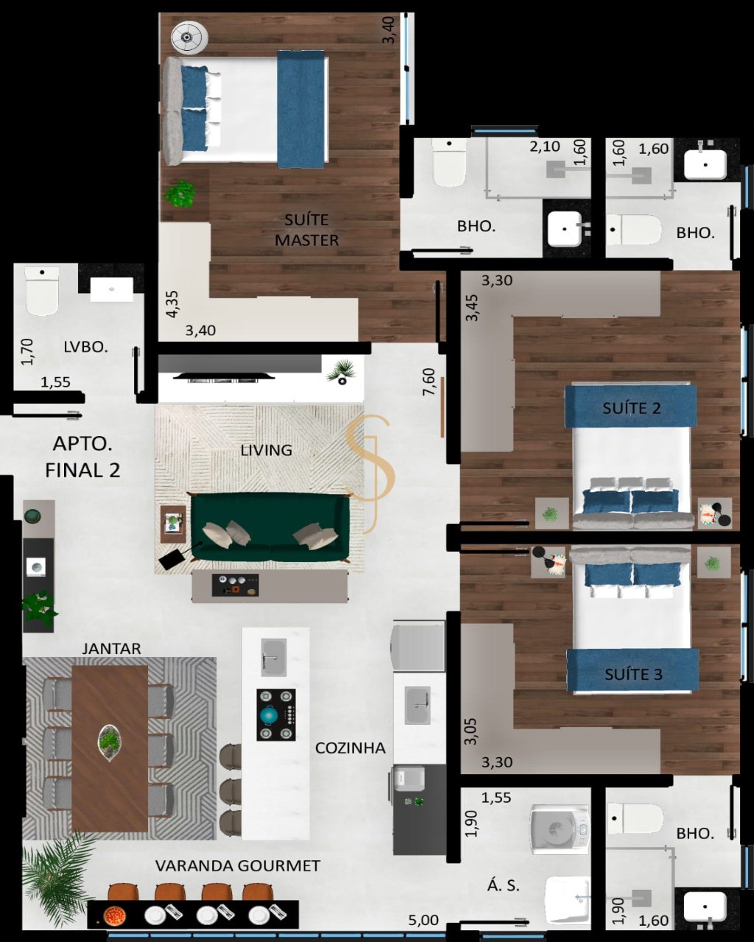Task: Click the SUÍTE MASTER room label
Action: [x=306, y=230]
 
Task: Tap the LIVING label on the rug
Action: [x=266, y=450]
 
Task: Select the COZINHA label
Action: [x=350, y=748]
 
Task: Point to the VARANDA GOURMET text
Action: [x=238, y=865]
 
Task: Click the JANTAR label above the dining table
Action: [x=112, y=648]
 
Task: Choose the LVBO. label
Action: [x=85, y=347]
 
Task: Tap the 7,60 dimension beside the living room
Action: [x=429, y=382]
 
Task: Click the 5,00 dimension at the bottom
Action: [x=423, y=920]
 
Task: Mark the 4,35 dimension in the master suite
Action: [x=172, y=303]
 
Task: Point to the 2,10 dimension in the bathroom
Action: [x=545, y=147]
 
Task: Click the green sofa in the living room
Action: [x=270, y=527]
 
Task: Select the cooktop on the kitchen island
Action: [x=275, y=715]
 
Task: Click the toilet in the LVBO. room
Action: [x=41, y=291]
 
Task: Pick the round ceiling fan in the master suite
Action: [x=189, y=38]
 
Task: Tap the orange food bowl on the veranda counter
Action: [x=115, y=915]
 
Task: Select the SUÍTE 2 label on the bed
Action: [x=632, y=409]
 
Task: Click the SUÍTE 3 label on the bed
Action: [x=633, y=674]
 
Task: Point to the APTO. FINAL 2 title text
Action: [x=82, y=457]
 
